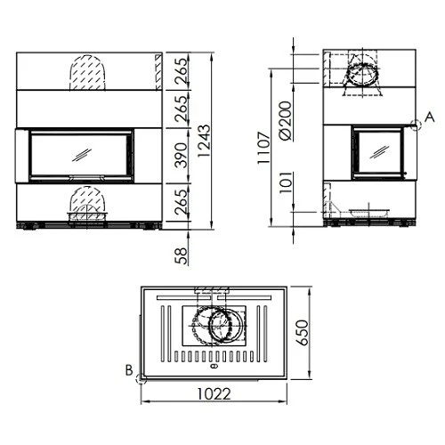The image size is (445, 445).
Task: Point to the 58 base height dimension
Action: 182,255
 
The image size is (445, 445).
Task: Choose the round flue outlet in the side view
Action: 361,74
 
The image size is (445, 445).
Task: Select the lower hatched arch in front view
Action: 86,201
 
